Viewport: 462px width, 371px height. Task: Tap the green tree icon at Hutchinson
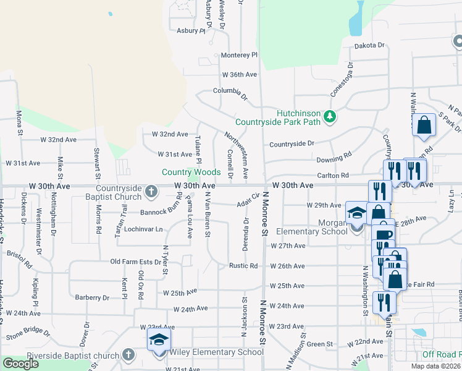(330, 116)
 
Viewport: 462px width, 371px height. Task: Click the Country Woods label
(191, 172)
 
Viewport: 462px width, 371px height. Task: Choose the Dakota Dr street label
(369, 45)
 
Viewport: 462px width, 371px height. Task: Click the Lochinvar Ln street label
(143, 229)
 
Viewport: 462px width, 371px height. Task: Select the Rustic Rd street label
(243, 266)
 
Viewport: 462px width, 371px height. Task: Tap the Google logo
(21, 364)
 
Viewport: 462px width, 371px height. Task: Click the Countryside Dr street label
(292, 144)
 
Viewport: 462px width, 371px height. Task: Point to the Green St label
(320, 344)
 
